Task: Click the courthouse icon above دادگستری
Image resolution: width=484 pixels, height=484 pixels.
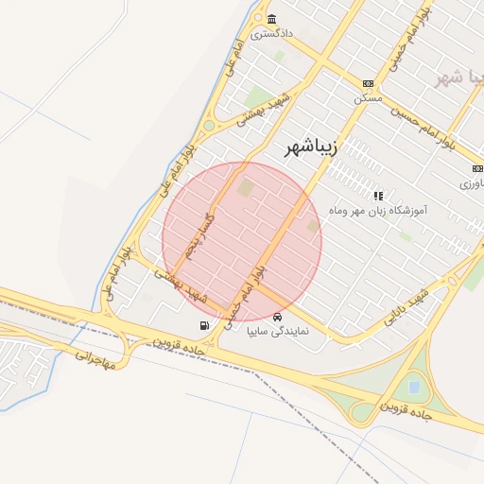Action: tap(272, 20)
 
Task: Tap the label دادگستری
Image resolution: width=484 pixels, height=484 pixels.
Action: tap(272, 33)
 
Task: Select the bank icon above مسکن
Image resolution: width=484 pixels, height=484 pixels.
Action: tap(368, 84)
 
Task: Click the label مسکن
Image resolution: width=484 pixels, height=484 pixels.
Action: tap(367, 97)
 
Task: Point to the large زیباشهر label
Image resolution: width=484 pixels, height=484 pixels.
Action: tap(311, 147)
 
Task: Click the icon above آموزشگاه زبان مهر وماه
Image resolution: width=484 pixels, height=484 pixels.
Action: tap(379, 196)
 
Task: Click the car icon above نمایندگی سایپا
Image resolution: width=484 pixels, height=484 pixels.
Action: tap(277, 317)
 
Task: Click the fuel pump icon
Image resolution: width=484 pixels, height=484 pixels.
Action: tap(205, 326)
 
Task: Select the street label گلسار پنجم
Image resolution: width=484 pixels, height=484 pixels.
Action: tap(200, 233)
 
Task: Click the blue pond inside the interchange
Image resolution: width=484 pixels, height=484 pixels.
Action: tap(413, 386)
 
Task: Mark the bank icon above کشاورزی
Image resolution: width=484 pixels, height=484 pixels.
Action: tap(475, 168)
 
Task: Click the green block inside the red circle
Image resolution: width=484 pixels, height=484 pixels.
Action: tap(246, 188)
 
